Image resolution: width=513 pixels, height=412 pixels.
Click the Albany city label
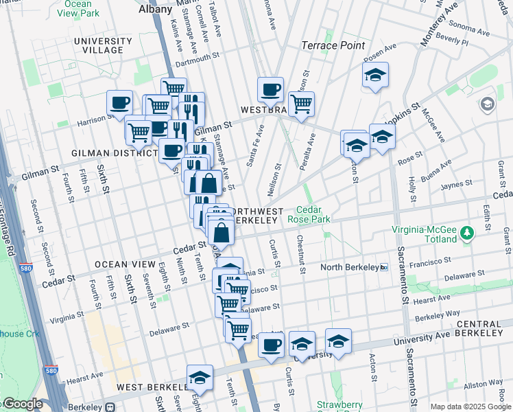tap(154, 9)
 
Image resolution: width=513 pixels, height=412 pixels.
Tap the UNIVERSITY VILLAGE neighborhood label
tap(98, 45)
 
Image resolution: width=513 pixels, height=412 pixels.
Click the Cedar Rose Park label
tap(314, 215)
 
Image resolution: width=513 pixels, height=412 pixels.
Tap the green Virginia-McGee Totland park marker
tap(467, 233)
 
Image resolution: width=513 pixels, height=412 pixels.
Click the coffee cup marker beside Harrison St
tap(120, 103)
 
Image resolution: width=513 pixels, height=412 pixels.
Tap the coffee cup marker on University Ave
tap(271, 344)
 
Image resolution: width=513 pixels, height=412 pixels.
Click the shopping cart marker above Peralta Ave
tap(301, 104)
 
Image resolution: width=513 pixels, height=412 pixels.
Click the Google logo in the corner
tap(22, 404)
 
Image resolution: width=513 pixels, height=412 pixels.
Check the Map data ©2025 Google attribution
tap(470, 407)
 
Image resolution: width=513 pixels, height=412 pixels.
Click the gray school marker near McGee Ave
tap(488, 104)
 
